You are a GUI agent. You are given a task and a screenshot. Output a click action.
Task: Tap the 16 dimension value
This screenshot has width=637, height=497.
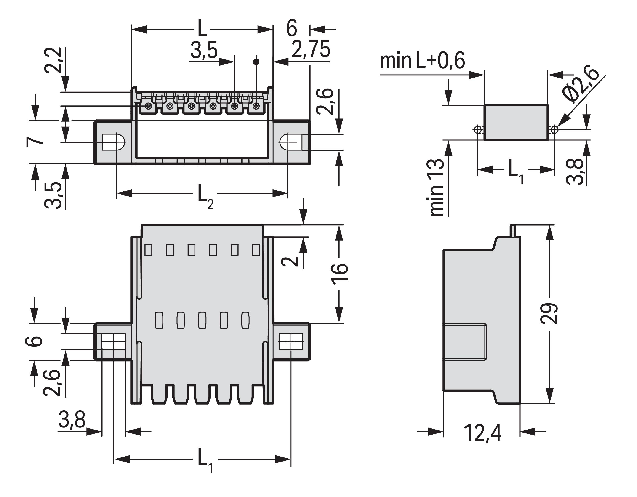(340, 272)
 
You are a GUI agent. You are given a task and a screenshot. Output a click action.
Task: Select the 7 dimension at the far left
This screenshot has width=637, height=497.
(35, 142)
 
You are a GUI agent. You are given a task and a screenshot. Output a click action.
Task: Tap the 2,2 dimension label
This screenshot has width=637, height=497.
(53, 60)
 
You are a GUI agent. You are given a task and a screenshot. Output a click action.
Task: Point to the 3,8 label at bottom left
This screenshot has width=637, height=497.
(72, 419)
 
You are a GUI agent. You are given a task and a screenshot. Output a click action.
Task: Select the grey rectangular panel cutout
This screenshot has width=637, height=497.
(516, 123)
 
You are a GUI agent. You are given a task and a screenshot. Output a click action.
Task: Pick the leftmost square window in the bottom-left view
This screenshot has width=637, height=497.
(149, 250)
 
